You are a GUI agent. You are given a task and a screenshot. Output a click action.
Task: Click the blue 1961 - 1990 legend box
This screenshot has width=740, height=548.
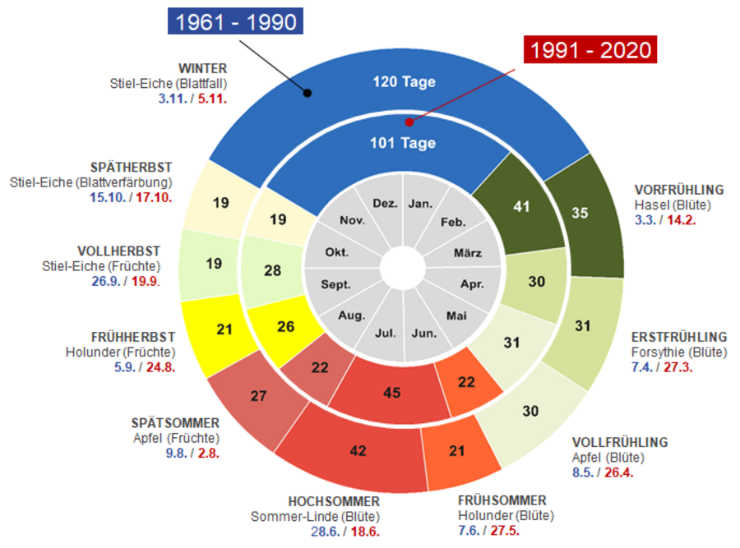tap(237, 21)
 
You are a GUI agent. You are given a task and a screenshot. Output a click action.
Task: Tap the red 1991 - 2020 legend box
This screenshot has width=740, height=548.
tap(590, 50)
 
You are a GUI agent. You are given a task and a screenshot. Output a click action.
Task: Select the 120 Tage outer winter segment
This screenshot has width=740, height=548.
tap(404, 82)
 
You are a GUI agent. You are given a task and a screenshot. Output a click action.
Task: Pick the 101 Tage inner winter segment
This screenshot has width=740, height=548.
tap(403, 143)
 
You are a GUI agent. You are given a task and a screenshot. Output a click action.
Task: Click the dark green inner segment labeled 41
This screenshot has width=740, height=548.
tap(521, 206)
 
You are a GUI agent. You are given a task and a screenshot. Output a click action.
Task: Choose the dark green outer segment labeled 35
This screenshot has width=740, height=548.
tap(580, 213)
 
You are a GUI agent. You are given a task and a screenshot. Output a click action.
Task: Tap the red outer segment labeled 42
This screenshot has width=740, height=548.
tap(358, 451)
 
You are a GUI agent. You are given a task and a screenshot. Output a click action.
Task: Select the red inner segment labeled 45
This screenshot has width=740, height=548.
tap(392, 393)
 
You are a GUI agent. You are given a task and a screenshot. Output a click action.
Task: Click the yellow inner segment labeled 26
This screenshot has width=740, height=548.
tap(286, 327)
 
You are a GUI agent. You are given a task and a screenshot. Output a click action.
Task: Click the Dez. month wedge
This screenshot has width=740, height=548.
tap(385, 204)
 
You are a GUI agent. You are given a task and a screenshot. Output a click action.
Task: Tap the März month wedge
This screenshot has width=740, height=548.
tap(467, 253)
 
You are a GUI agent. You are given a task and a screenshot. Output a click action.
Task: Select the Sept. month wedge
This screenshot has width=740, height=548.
tap(336, 285)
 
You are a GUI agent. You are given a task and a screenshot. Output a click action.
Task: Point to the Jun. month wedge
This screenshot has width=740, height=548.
tap(423, 333)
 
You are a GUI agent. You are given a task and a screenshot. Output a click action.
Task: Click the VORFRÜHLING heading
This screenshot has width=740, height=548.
tap(679, 189)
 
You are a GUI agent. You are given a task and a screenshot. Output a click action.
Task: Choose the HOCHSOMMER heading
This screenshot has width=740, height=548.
tap(334, 501)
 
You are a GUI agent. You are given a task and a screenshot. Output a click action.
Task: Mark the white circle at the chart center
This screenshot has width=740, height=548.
tap(403, 269)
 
